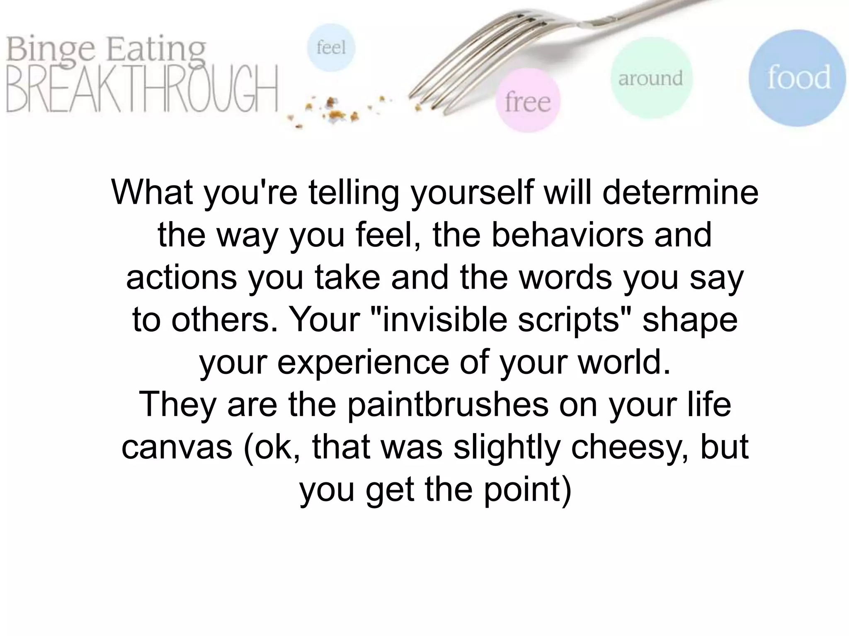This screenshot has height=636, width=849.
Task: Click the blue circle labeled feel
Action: [x=331, y=48]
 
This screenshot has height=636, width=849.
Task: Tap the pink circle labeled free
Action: [x=528, y=101]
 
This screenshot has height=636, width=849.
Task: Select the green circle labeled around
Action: [x=650, y=78]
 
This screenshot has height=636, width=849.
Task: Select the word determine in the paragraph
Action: [x=680, y=193]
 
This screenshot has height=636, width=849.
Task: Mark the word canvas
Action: [x=177, y=447]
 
